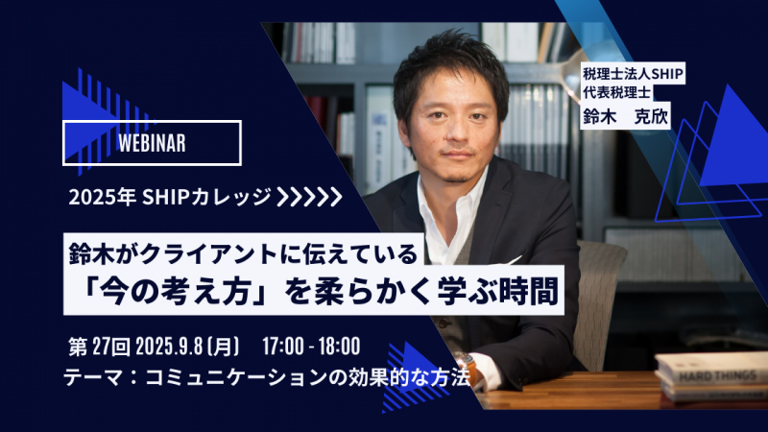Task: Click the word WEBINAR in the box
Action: pyautogui.click(x=152, y=143)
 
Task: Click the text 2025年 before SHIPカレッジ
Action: pyautogui.click(x=102, y=197)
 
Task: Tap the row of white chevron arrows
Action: pyautogui.click(x=309, y=197)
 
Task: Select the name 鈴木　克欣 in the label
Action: pyautogui.click(x=625, y=116)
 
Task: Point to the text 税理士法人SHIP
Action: pyautogui.click(x=633, y=74)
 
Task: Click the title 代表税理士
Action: pyautogui.click(x=617, y=91)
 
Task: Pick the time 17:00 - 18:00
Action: pyautogui.click(x=311, y=347)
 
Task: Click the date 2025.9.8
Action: pyautogui.click(x=169, y=347)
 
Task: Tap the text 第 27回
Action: pyautogui.click(x=99, y=347)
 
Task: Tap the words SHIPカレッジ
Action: pyautogui.click(x=206, y=197)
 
